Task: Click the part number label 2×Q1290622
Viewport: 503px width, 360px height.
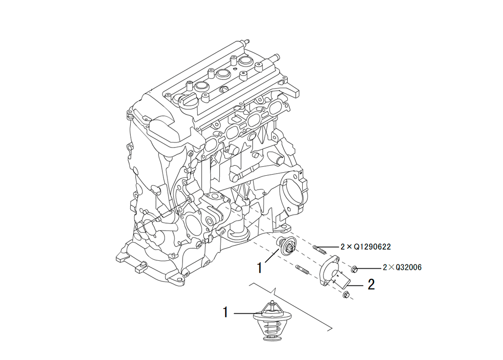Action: click(x=365, y=247)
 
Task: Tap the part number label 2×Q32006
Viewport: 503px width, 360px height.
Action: click(x=402, y=267)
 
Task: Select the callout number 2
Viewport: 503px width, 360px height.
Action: click(x=371, y=284)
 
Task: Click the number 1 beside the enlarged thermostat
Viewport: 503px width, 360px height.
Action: click(x=225, y=312)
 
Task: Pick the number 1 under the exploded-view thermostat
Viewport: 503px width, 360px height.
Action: click(x=260, y=267)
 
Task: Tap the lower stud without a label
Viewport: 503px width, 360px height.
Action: click(x=302, y=269)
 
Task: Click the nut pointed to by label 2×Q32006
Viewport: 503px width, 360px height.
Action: click(x=355, y=268)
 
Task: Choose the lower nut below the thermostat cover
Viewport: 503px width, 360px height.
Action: click(x=346, y=294)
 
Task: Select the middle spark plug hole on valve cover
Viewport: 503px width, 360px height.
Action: click(x=223, y=74)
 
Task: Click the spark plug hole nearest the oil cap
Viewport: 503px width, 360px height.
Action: click(x=202, y=87)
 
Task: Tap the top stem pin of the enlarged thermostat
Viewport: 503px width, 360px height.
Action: click(x=272, y=303)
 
